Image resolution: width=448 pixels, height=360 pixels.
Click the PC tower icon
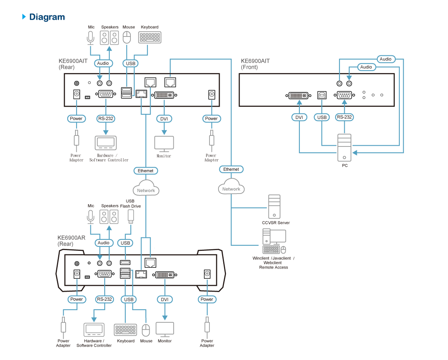coord(344,148)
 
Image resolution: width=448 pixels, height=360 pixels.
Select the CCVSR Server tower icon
coord(274,206)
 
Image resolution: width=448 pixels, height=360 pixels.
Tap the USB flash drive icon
coord(131,216)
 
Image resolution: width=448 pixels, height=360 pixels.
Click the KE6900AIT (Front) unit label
coord(255,64)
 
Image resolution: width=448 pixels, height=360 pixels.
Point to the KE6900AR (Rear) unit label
coord(71,241)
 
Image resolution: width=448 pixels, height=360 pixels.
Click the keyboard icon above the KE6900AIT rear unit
coord(150,37)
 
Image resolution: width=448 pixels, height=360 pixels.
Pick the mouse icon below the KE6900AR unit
coord(146,330)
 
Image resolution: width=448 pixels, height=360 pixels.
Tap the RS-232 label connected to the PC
coord(344,117)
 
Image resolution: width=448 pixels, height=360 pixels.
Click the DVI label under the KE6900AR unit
coord(165,300)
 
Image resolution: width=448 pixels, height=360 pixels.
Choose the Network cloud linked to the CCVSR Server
coord(231,188)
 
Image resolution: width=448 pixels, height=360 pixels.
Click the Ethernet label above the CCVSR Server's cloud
coord(231,169)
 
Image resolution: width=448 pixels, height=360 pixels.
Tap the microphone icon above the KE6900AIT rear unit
coord(91,38)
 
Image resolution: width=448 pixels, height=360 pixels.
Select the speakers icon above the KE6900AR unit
coord(109,217)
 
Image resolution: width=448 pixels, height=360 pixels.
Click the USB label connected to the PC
coord(322,117)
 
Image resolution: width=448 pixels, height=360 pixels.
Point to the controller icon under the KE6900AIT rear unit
coord(106,143)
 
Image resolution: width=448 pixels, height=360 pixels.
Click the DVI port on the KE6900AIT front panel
coord(298,95)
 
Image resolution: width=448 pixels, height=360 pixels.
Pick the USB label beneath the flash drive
coord(125,243)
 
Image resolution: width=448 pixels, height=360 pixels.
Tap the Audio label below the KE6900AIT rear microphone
coord(103,63)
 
